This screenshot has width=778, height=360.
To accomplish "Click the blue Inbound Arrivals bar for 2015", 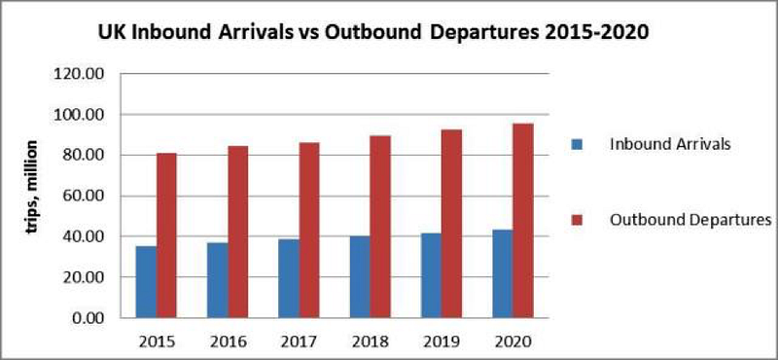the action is pyautogui.click(x=147, y=281).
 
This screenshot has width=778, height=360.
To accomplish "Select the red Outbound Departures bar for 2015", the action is pyautogui.click(x=166, y=235).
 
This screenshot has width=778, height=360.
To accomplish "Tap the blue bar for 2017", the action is pyautogui.click(x=289, y=278).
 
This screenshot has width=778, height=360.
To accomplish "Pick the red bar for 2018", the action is pyautogui.click(x=380, y=227).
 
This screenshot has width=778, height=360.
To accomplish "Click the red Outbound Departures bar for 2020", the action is pyautogui.click(x=523, y=221).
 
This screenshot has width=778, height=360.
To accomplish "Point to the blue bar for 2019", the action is pyautogui.click(x=431, y=275).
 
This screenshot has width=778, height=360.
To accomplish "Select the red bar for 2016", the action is pyautogui.click(x=238, y=232).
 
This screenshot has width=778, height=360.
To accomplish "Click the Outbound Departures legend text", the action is pyautogui.click(x=690, y=220).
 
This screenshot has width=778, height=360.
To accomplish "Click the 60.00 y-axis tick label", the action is pyautogui.click(x=85, y=197).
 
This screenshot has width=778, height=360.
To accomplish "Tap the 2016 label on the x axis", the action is pyautogui.click(x=228, y=342).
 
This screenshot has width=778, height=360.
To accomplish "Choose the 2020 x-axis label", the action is pyautogui.click(x=513, y=342).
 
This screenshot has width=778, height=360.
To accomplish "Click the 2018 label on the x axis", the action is pyautogui.click(x=371, y=342).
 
